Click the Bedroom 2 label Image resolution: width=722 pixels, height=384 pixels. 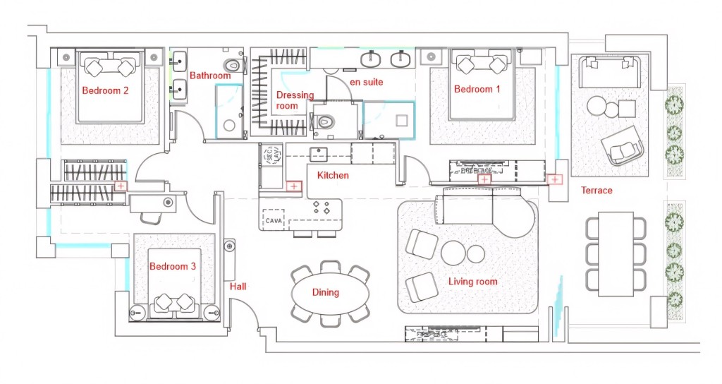105,90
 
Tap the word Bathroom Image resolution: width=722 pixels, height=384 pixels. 210,76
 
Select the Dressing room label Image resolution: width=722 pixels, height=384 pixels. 295,100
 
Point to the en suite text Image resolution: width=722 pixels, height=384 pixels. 367,82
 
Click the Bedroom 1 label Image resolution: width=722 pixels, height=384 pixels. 477,89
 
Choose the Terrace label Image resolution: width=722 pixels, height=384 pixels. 596,190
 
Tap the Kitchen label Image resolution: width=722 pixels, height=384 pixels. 333,175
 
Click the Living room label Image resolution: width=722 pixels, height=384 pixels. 472,282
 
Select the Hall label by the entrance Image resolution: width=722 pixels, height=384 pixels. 238,286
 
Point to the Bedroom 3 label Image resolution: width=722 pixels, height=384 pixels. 173,266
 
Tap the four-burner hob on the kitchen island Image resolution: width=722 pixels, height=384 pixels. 321,208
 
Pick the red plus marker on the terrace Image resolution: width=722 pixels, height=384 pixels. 556,180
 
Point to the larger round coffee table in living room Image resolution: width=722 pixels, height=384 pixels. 453,253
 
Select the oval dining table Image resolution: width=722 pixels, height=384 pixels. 331,293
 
